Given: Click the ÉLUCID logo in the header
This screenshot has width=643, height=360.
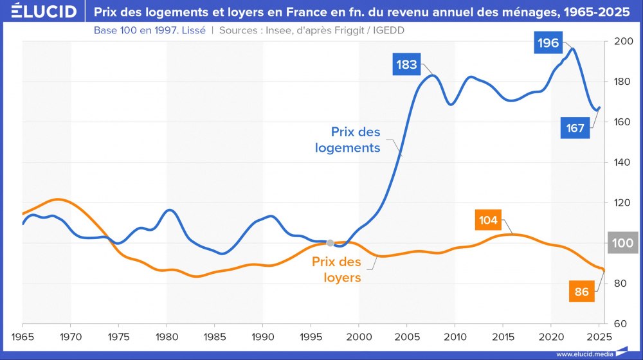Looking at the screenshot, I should pos(39,12).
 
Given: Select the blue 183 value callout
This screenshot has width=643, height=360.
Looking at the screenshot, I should pos(407,64).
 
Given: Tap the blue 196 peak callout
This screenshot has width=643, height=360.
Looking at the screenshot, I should pos(549,44).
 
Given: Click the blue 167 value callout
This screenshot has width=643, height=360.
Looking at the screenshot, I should pos(575,128).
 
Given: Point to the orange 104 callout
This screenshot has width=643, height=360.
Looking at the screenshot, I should pos(488,221).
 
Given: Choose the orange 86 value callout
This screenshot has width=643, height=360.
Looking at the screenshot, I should pos(581,292).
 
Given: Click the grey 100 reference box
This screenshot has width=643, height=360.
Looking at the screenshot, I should pos(622,244).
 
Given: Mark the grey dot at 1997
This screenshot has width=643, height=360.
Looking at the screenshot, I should pos(330,243).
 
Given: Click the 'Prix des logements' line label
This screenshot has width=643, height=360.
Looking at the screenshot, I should pos(348,139).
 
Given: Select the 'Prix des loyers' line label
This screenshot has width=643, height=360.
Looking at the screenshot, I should pos(336,270).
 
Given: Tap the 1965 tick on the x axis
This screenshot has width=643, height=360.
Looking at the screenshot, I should pos(23,336).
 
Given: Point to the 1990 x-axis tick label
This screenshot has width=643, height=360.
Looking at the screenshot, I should pos(263,336).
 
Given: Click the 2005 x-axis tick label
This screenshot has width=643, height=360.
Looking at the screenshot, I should pos(407,336).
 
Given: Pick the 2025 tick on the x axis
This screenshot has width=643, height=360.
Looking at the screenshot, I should pos(599,336).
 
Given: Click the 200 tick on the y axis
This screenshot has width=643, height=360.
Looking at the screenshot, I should pos(623,42).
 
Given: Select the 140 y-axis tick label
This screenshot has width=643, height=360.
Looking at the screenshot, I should pos(623,163).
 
